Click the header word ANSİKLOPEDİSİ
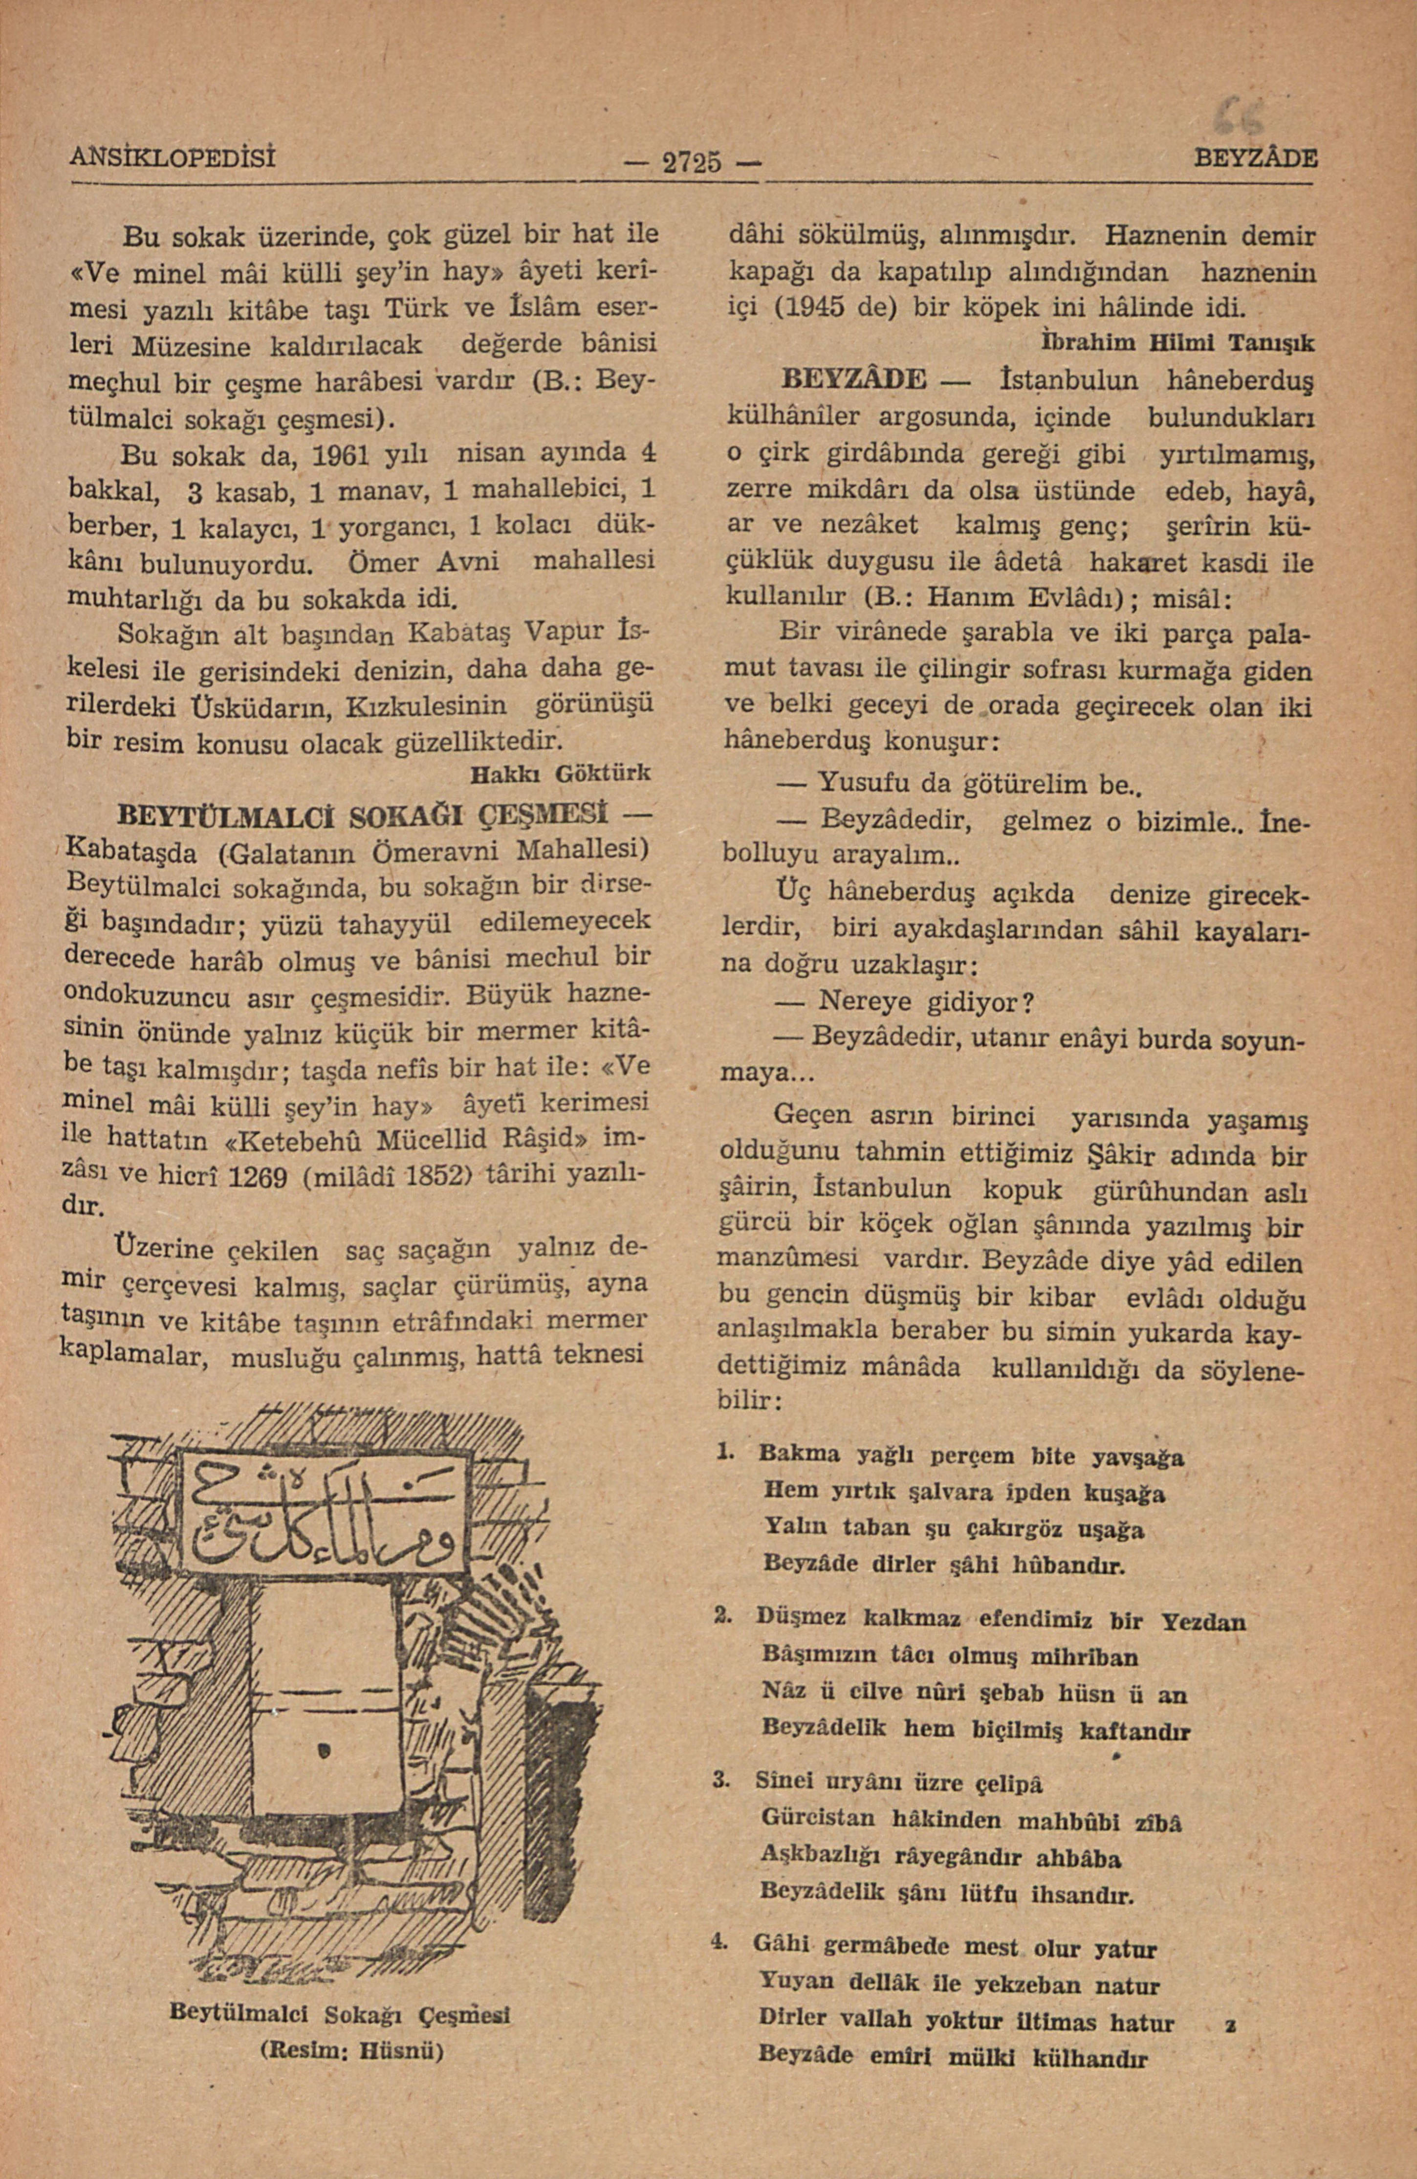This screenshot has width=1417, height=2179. pyautogui.click(x=174, y=153)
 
